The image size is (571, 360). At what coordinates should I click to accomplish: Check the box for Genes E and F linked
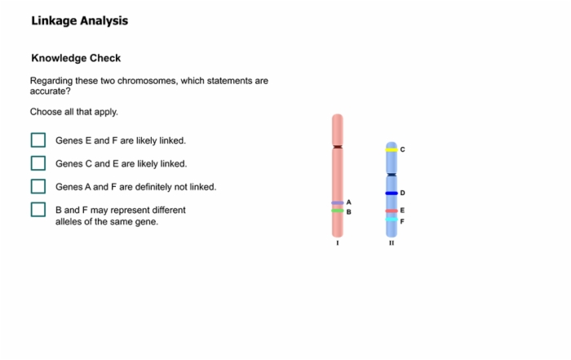click(38, 140)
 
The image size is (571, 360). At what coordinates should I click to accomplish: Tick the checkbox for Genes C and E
click(38, 163)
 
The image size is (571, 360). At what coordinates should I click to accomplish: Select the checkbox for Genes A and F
click(38, 186)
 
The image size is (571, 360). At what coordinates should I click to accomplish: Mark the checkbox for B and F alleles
click(38, 210)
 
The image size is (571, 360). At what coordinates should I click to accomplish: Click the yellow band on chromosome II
click(392, 149)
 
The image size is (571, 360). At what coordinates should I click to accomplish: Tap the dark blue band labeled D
click(392, 193)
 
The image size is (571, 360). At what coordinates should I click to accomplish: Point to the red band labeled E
click(392, 211)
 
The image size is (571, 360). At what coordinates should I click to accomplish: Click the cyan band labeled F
click(392, 220)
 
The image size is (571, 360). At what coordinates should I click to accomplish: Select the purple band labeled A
click(338, 202)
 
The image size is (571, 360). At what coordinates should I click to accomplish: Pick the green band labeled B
click(338, 211)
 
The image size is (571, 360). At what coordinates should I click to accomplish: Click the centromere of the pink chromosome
click(338, 147)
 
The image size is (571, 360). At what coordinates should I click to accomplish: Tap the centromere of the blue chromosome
click(392, 175)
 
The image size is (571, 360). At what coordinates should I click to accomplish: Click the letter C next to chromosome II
click(402, 149)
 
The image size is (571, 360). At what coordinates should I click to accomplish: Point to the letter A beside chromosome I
click(349, 202)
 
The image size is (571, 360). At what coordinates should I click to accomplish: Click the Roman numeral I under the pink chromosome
click(338, 243)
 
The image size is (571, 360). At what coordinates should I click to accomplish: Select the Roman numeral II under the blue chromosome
click(392, 243)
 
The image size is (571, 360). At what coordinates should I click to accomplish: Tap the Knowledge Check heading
click(76, 58)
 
